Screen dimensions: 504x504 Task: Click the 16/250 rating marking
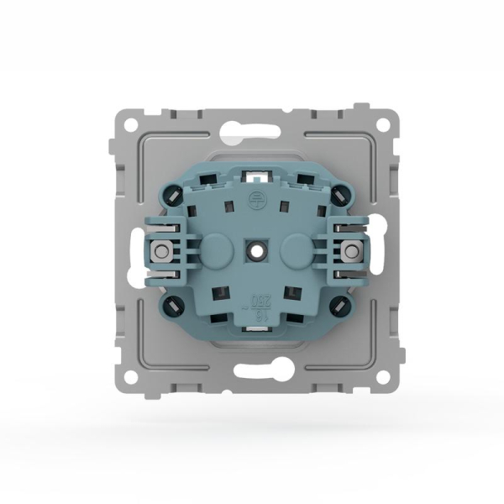(252, 305)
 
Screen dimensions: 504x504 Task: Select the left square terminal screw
(157, 249)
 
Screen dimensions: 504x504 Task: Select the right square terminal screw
(347, 249)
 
